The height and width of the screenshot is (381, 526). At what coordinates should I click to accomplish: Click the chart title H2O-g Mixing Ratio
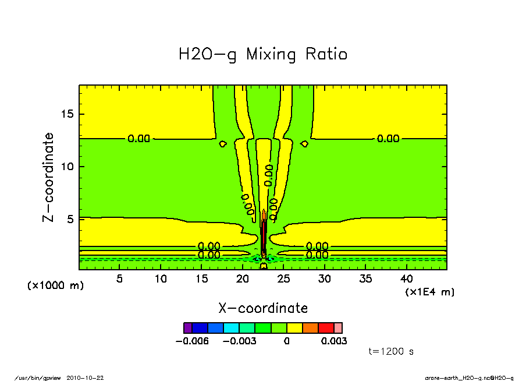pyautogui.click(x=263, y=55)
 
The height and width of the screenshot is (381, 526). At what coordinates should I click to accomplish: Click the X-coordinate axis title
pyautogui.click(x=263, y=308)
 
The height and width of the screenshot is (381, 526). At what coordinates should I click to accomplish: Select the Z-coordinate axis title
pyautogui.click(x=49, y=177)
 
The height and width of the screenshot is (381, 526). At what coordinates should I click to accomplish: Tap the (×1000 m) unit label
pyautogui.click(x=55, y=286)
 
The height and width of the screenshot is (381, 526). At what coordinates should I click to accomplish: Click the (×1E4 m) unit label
pyautogui.click(x=430, y=291)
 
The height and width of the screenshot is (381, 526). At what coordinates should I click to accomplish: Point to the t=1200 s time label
pyautogui.click(x=391, y=352)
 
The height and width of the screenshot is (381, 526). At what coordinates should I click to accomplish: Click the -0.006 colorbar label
pyautogui.click(x=191, y=341)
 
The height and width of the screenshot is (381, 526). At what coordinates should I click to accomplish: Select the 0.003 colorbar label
pyautogui.click(x=334, y=341)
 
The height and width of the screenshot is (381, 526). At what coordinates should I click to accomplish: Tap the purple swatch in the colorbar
pyautogui.click(x=187, y=327)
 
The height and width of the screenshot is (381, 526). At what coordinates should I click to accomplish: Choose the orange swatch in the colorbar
pyautogui.click(x=310, y=327)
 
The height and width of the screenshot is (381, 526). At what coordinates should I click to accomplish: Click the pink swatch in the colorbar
pyautogui.click(x=338, y=327)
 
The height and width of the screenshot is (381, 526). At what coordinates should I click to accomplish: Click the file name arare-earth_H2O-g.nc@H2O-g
pyautogui.click(x=469, y=378)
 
